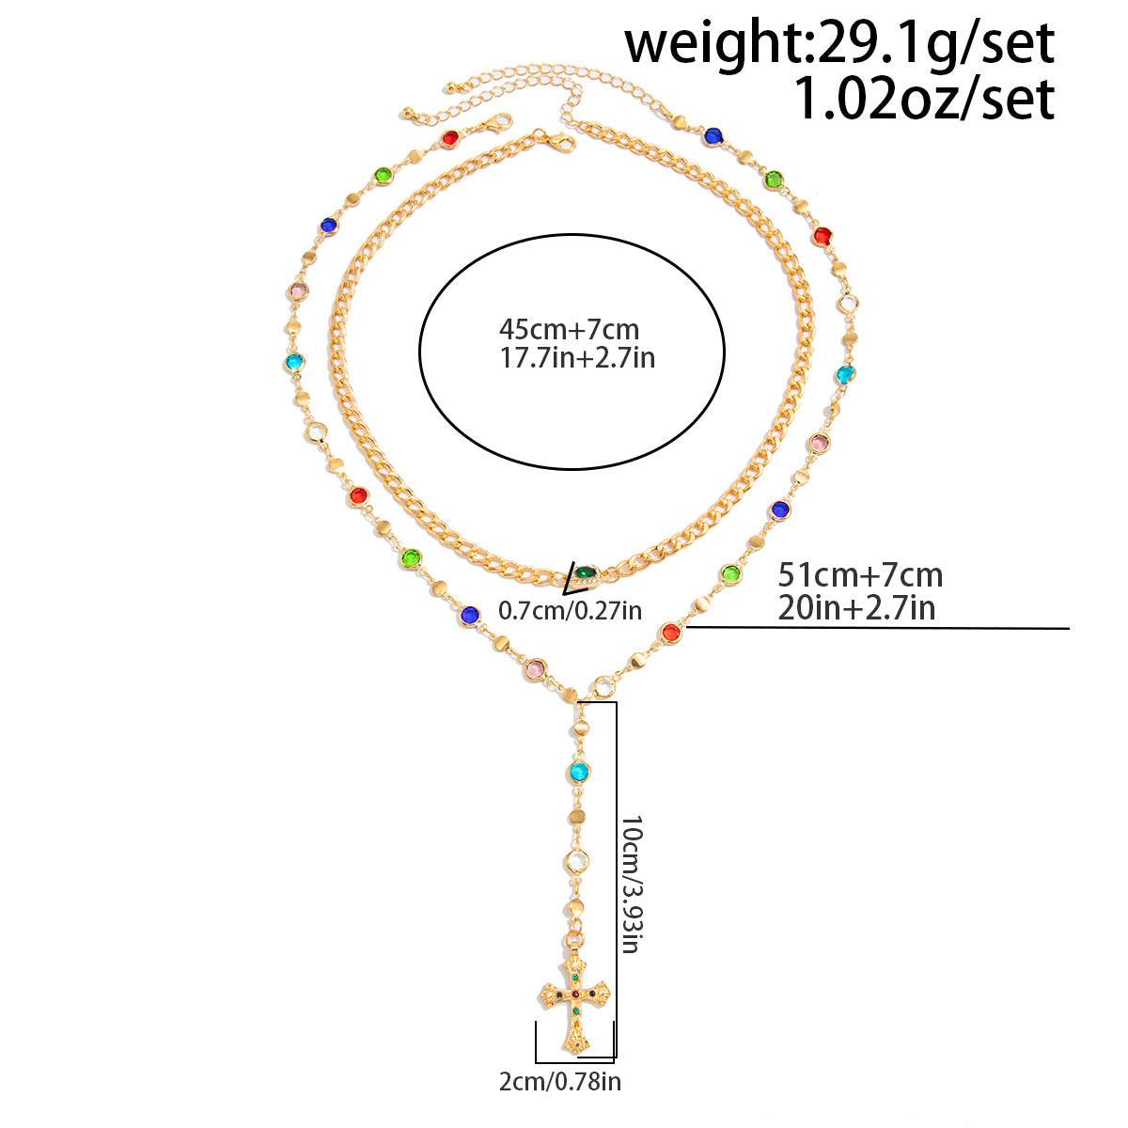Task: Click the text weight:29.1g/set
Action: point(839,42)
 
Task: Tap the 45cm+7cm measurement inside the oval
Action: point(569,330)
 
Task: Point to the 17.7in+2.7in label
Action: point(577,357)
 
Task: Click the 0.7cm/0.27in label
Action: point(571,611)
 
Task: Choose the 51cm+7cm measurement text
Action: point(860,575)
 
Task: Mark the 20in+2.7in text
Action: point(856,607)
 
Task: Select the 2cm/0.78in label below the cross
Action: point(559,1081)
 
